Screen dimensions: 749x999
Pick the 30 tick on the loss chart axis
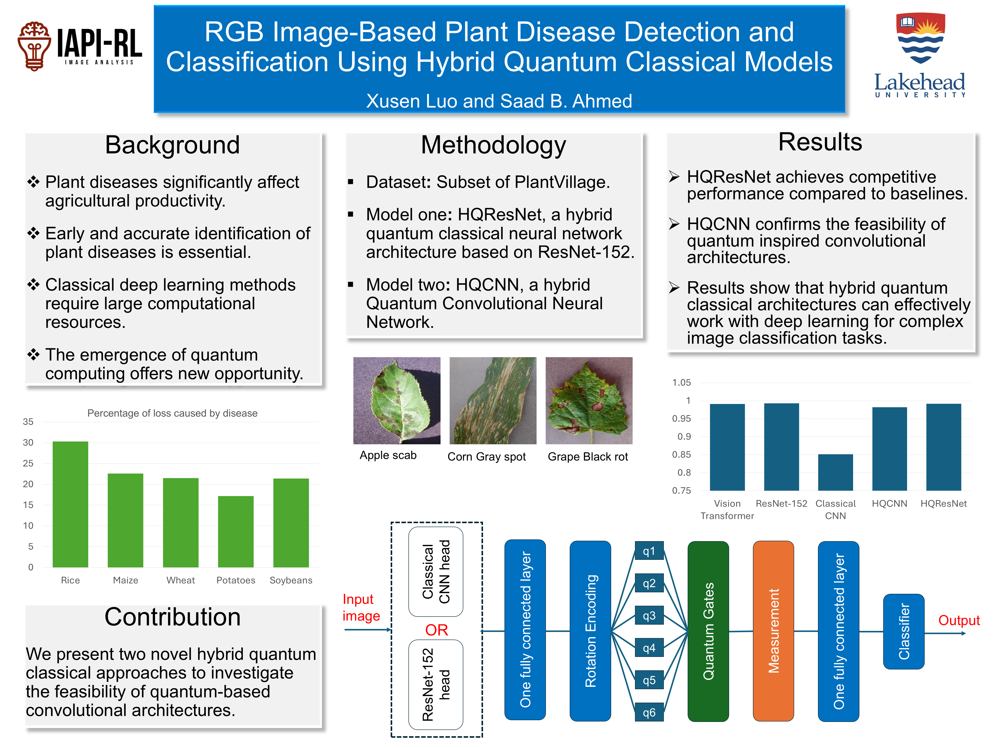click(x=28, y=443)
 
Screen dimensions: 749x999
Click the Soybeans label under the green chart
click(x=291, y=580)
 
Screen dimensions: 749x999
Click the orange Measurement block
click(x=773, y=631)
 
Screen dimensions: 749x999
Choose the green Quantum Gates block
click(x=708, y=631)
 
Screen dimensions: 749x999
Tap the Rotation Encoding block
click(x=590, y=631)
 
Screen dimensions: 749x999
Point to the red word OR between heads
click(x=436, y=630)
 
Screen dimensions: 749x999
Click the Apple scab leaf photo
click(x=397, y=401)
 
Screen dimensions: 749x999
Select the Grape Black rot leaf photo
click(x=589, y=401)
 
